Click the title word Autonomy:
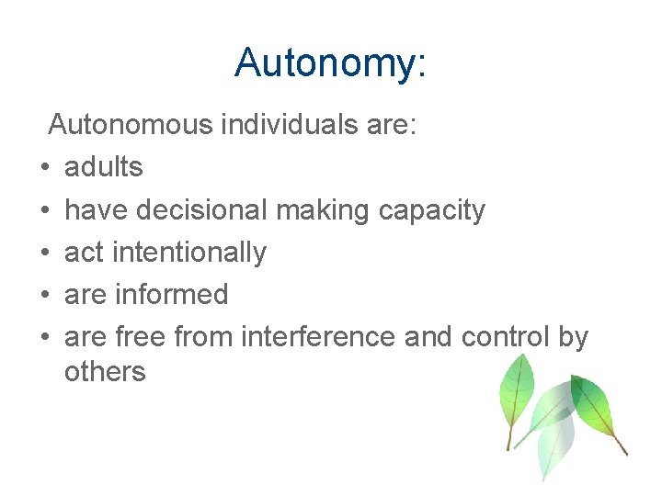(x=330, y=63)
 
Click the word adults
(x=104, y=167)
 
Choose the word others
(x=105, y=371)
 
